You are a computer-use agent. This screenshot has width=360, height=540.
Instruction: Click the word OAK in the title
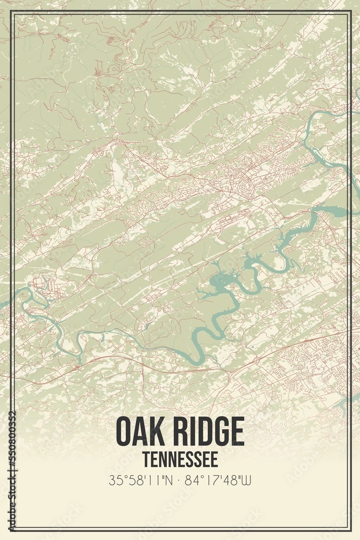click(141, 431)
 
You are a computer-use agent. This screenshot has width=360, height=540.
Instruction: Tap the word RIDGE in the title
click(208, 431)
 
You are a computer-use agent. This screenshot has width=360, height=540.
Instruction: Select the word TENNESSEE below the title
click(180, 460)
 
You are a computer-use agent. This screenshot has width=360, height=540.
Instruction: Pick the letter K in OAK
click(159, 431)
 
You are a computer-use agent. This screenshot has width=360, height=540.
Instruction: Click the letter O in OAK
click(124, 431)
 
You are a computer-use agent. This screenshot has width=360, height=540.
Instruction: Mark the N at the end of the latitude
click(169, 480)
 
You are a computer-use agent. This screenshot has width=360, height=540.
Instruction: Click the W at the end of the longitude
click(248, 480)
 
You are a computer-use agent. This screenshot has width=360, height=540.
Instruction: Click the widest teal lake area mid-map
click(219, 281)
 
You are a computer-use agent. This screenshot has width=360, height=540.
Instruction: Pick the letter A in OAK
click(141, 431)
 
